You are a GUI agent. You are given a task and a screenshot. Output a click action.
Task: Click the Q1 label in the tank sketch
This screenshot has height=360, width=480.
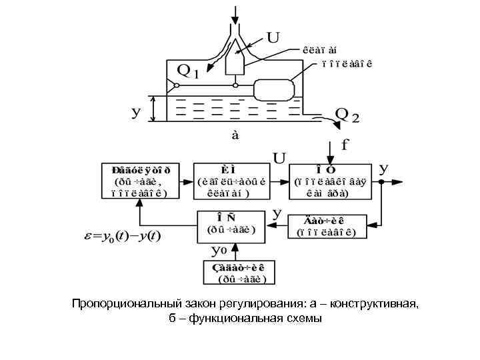click(187, 70)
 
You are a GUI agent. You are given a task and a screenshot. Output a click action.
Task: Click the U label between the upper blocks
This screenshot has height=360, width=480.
click(280, 158)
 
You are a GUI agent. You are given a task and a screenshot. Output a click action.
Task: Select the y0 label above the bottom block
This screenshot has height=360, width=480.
click(219, 251)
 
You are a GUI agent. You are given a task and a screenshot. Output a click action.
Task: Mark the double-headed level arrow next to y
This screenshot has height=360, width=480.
click(155, 108)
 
